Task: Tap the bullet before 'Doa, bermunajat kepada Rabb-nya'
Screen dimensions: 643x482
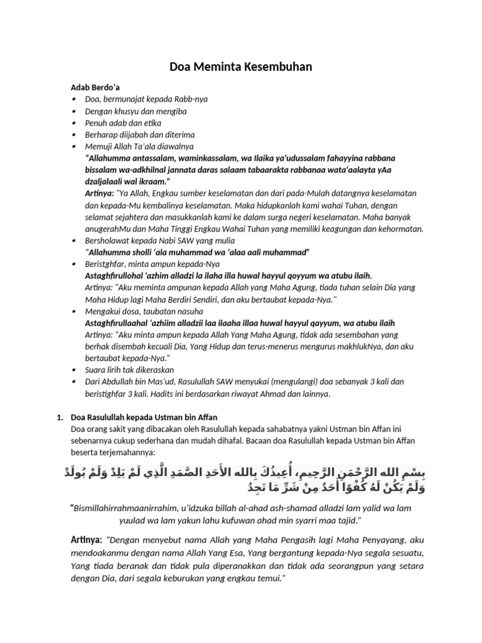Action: (x=74, y=99)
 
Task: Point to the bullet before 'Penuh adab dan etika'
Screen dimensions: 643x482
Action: (x=74, y=123)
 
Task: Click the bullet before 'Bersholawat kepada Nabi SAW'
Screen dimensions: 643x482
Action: (x=74, y=240)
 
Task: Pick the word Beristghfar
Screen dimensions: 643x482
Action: (x=105, y=264)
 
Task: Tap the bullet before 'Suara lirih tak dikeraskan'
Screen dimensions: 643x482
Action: (x=74, y=370)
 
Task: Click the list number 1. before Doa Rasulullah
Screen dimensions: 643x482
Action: (x=60, y=418)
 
